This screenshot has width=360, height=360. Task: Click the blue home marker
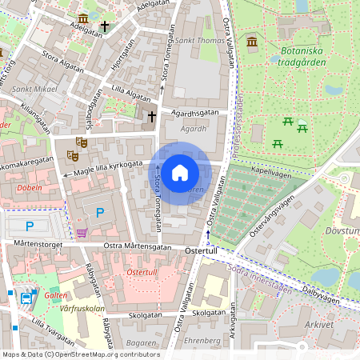[x=180, y=173]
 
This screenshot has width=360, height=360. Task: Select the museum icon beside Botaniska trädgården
[x=253, y=42]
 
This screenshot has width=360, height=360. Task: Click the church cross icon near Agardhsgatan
[x=151, y=118]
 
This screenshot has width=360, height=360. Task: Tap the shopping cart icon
[x=82, y=233]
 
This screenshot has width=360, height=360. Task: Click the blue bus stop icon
[x=26, y=298]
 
